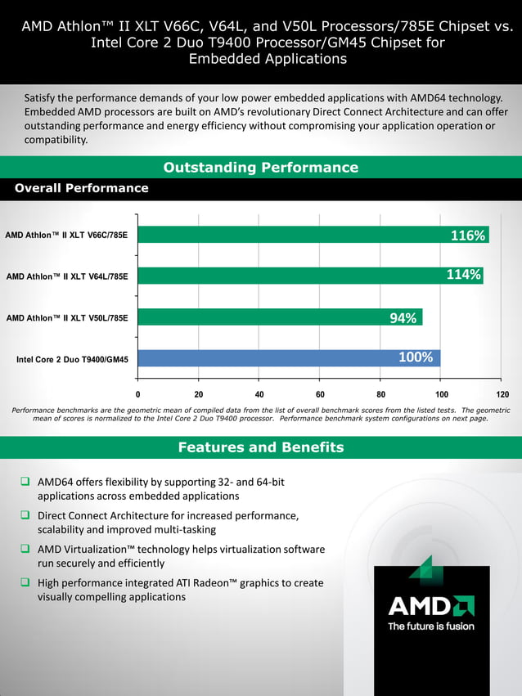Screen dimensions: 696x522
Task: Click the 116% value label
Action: tap(468, 236)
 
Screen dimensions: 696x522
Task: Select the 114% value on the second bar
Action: tap(463, 275)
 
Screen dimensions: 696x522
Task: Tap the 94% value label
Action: tap(403, 318)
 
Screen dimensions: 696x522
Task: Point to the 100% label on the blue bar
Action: tap(416, 357)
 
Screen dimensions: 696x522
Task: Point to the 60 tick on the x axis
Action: tap(319, 394)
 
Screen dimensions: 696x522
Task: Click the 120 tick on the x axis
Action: tap(502, 394)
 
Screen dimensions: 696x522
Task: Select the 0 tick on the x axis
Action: tap(137, 394)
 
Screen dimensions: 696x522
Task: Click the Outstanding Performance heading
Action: tap(260, 168)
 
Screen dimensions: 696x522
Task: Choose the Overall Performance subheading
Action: tap(82, 188)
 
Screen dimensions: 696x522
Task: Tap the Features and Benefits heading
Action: tap(260, 447)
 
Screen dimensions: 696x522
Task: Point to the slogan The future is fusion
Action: tap(430, 626)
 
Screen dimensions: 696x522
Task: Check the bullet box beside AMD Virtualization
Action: tap(26, 549)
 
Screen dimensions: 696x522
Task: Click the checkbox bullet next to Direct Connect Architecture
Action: tap(26, 515)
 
